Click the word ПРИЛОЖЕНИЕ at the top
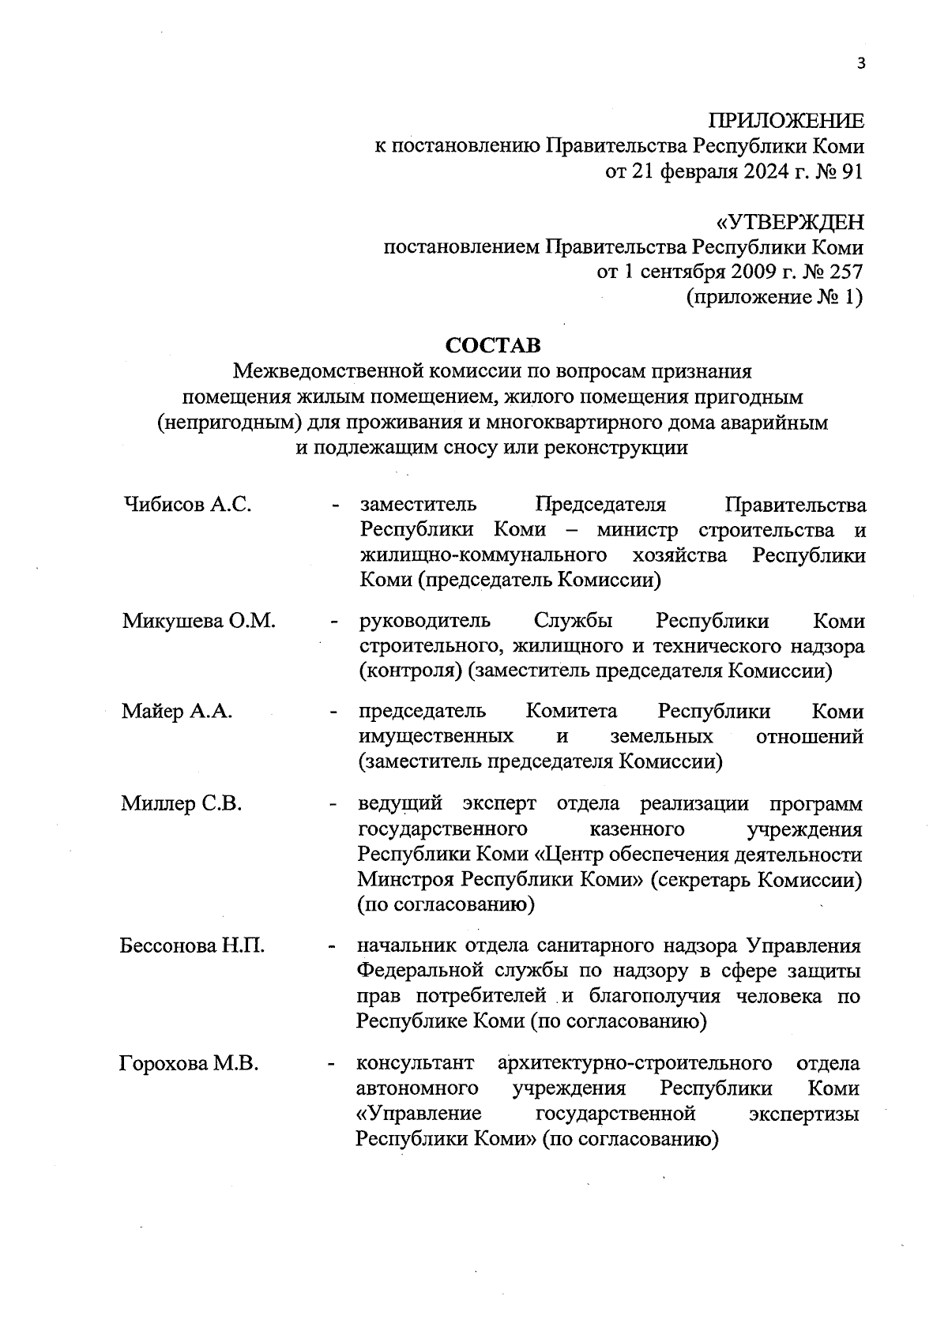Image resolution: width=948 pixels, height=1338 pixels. coord(785,121)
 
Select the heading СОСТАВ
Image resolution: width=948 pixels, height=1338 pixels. coord(494,345)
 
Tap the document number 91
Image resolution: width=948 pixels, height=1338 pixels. coord(852,171)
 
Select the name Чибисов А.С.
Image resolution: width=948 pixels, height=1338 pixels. coord(188,505)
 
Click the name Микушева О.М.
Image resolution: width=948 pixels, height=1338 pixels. coord(199,621)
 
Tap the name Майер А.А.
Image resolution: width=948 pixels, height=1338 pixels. coord(177,712)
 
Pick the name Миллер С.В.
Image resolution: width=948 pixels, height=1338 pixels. coord(181,804)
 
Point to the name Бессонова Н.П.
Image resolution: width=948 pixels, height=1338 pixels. coord(192,945)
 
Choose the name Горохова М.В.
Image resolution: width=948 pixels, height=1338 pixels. coord(190,1064)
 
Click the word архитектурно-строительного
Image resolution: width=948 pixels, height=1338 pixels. coord(635,1063)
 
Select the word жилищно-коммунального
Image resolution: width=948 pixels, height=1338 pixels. coord(483,555)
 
